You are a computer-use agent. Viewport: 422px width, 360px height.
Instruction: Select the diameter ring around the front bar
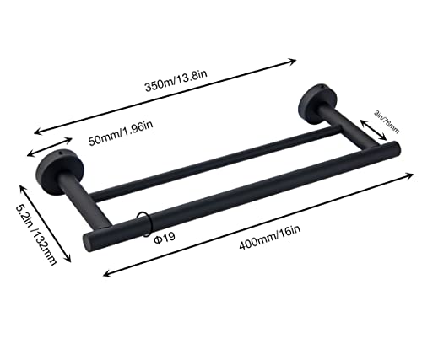(145, 223)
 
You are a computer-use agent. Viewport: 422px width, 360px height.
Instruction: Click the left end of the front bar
(91, 240)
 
